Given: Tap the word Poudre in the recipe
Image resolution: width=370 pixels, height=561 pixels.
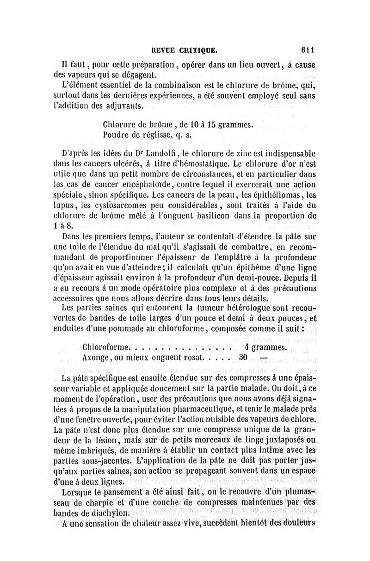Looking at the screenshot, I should (117, 135).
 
